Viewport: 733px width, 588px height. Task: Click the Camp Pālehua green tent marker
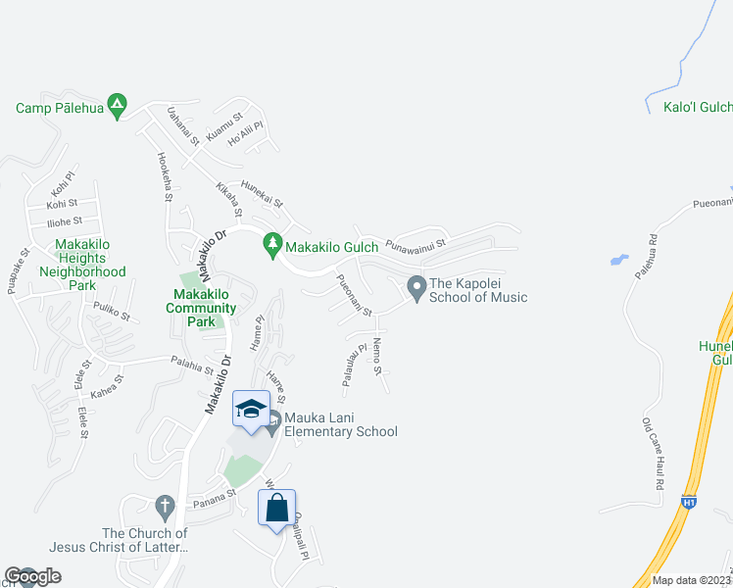click(117, 103)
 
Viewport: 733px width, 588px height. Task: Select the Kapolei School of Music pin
click(416, 288)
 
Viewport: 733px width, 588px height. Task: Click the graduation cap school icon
click(251, 408)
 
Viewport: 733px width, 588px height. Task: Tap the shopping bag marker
click(277, 508)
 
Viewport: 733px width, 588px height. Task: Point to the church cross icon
click(165, 506)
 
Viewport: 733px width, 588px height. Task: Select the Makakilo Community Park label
click(201, 301)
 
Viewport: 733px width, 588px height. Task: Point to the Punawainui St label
click(415, 243)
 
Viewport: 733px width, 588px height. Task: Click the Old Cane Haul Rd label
click(652, 456)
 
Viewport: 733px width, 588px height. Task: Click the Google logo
click(33, 576)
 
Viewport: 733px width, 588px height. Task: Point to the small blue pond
click(618, 261)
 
